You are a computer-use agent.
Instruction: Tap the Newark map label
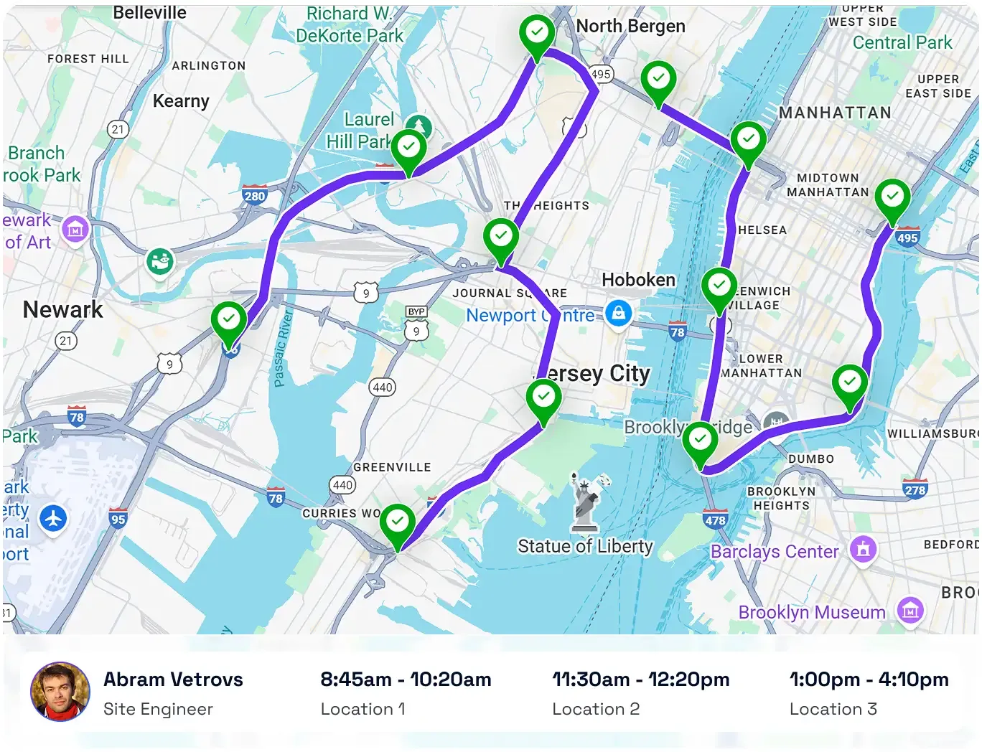(x=63, y=309)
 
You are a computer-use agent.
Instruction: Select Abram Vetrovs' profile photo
(x=60, y=691)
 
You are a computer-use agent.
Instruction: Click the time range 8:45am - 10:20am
(x=406, y=680)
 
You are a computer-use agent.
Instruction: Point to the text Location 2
(x=595, y=709)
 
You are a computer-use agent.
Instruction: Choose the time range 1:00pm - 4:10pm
(x=869, y=680)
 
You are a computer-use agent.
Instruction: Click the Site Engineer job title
(x=158, y=709)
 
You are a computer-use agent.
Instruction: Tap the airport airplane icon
(x=53, y=517)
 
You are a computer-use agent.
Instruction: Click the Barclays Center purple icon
(x=862, y=550)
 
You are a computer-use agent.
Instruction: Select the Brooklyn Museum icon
(x=909, y=611)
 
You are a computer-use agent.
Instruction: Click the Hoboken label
(x=638, y=280)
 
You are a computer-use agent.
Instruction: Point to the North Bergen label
(x=630, y=27)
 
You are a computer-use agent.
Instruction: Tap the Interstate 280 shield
(x=254, y=195)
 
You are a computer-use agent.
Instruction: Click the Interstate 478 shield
(x=715, y=520)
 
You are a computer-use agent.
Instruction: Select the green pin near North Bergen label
(x=537, y=34)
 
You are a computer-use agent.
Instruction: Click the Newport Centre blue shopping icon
(x=618, y=313)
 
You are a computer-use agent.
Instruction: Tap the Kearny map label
(x=181, y=101)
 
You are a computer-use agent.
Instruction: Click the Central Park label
(x=902, y=42)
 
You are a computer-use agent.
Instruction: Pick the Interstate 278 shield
(x=915, y=489)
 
